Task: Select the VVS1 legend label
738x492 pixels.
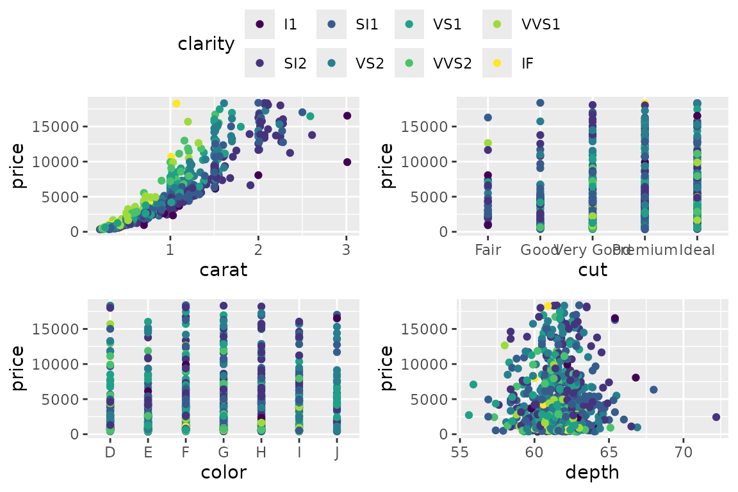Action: coord(541,25)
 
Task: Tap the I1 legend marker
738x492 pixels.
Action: coord(259,25)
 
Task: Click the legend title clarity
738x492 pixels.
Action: coord(206,44)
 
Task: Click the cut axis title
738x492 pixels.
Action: coord(593,270)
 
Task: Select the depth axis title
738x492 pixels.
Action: coord(593,473)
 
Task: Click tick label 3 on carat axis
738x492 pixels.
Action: coord(347,250)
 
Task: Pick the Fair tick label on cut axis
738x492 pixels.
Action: coord(488,250)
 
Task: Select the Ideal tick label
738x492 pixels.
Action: coord(697,250)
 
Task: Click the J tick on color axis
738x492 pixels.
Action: coord(337,453)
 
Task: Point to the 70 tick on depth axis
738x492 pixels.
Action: coord(684,453)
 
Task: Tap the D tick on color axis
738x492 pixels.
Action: coord(110,453)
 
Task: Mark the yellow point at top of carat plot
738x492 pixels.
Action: coord(176,103)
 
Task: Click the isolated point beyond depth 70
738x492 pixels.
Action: coord(716,417)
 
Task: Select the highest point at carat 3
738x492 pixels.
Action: coord(347,115)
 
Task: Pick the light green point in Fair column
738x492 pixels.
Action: coord(488,143)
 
